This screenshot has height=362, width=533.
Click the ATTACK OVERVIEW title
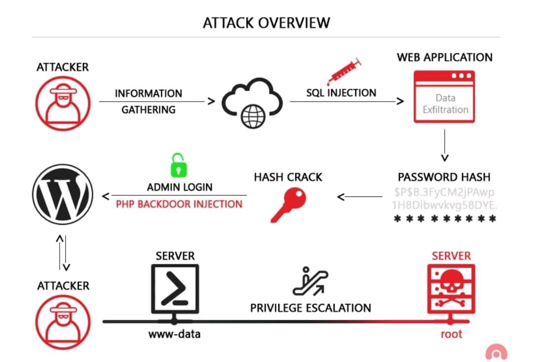(x=266, y=23)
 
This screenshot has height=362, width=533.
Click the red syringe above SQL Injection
(x=344, y=72)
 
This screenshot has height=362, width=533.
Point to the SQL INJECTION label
(x=341, y=93)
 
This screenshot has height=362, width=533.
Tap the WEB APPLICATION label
(x=445, y=57)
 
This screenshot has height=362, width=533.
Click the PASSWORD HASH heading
(x=444, y=177)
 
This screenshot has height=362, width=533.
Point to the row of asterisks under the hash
(x=445, y=219)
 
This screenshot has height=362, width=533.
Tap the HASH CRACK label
(x=288, y=177)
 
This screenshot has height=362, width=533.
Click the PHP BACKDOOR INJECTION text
(x=179, y=204)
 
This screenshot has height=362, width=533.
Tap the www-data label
(x=175, y=334)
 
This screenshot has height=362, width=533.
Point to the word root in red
(x=451, y=334)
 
